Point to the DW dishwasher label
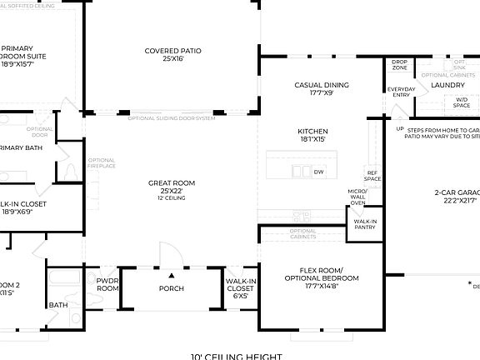point(318,172)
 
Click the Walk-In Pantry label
point(365,224)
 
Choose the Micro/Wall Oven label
point(357,197)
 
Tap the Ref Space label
point(372,176)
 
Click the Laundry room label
point(447,84)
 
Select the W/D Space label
point(461,103)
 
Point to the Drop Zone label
point(399,65)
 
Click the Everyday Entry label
point(400,92)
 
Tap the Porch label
point(172,288)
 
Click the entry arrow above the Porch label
point(172,274)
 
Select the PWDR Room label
point(107,285)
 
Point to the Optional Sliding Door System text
point(172,118)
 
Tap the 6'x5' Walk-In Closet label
point(241,287)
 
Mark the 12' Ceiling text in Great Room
point(172,197)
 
